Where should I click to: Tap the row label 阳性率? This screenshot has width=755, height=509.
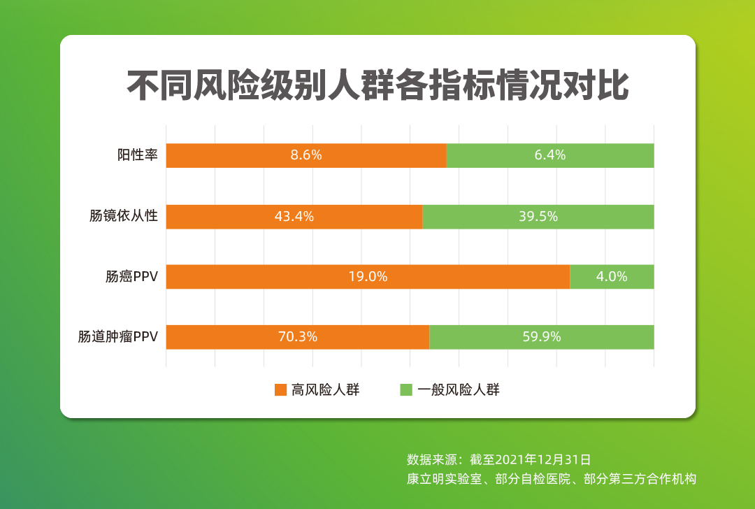137,155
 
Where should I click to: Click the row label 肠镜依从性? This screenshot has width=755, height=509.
124,217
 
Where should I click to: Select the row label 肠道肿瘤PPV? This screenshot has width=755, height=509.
117,337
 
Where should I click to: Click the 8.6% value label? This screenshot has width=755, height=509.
306,155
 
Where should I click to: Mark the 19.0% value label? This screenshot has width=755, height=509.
368,277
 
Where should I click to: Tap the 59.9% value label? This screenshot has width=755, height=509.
542,337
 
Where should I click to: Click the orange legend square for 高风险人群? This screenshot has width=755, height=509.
280,390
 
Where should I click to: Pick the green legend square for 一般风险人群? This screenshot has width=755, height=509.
406,390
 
